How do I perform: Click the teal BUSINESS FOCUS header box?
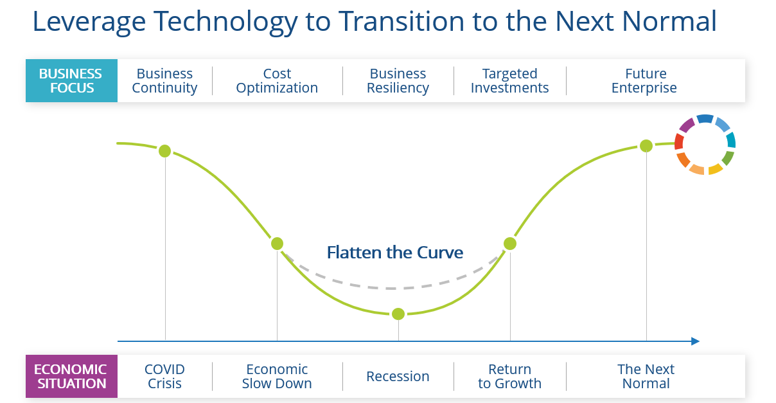point(72,80)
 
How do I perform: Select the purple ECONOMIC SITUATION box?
point(72,376)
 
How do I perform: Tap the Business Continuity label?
point(164,81)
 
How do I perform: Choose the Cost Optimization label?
point(277,81)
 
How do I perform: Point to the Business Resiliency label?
point(398,81)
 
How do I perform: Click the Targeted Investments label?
point(509,81)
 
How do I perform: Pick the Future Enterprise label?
point(644,81)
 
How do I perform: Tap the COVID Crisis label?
point(164,376)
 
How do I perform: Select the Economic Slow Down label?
point(277,376)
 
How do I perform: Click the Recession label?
point(398,376)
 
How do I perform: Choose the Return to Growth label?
point(509,376)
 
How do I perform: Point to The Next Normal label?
point(646,376)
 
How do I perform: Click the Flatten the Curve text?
point(395,252)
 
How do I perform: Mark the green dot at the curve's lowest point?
point(398,314)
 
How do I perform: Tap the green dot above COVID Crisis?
point(164,151)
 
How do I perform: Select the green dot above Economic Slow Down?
point(277,244)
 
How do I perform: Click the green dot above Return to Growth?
point(510,244)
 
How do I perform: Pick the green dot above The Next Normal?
point(646,146)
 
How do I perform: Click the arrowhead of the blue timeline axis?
point(695,341)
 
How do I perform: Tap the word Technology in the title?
point(225,22)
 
